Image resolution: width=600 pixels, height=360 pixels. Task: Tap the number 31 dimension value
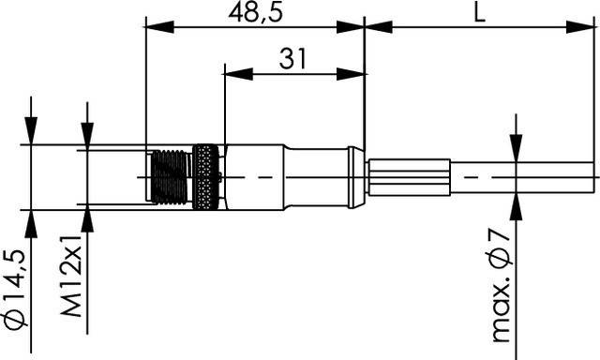coord(293,59)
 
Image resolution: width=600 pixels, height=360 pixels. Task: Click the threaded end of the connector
coord(169,176)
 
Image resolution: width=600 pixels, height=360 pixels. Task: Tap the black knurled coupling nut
coord(206,176)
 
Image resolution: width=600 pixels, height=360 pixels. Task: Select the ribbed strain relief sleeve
coord(409,176)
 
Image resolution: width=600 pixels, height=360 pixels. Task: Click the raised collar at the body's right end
coord(353,176)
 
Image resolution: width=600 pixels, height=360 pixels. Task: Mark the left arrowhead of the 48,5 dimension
coord(153,25)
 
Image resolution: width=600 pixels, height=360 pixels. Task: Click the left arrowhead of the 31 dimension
coord(233,72)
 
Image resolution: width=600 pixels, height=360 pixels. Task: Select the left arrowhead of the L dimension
coord(373,25)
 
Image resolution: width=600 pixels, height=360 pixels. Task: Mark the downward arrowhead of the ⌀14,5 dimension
coord(31,136)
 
